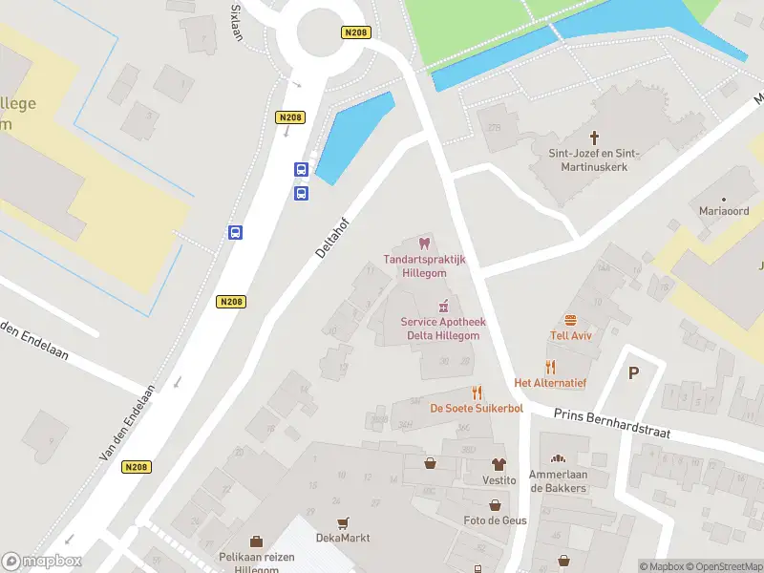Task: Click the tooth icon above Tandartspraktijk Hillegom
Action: [x=426, y=244]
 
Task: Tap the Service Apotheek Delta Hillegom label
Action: [x=442, y=328]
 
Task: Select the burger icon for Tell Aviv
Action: [x=571, y=320]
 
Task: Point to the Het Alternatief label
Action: [x=550, y=383]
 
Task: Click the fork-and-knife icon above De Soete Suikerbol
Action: [x=477, y=393]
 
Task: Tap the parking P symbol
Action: [x=632, y=373]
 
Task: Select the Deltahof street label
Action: [x=333, y=235]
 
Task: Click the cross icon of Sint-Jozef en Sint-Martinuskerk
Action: [x=594, y=138]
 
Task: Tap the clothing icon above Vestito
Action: [x=498, y=464]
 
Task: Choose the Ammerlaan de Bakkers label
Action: [x=559, y=481]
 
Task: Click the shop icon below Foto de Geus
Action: [x=495, y=505]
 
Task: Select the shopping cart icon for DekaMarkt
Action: [x=342, y=522]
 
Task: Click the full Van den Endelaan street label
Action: [x=126, y=424]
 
